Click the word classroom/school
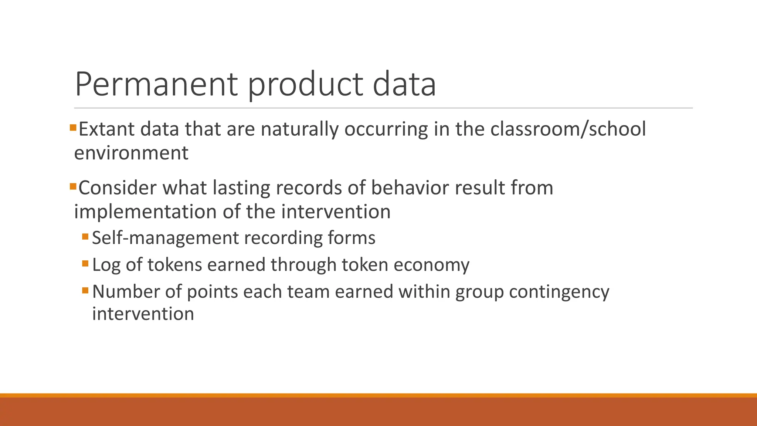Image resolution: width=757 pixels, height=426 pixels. [x=568, y=129]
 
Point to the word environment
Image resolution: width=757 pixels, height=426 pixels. [x=131, y=153]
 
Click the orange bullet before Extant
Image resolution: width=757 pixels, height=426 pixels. [x=73, y=128]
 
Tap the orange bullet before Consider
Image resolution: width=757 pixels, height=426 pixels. [x=73, y=186]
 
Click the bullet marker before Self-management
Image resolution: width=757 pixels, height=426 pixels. [x=85, y=236]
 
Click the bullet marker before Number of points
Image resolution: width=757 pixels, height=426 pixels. [x=85, y=290]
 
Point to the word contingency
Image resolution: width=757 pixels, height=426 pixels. [x=559, y=292]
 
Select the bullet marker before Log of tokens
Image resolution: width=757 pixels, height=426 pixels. [x=85, y=263]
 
